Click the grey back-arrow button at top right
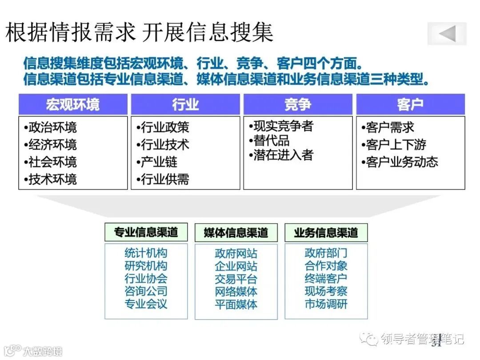click(x=447, y=34)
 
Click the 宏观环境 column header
click(x=73, y=104)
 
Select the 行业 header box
click(x=185, y=104)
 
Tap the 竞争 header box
click(x=298, y=104)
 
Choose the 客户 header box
click(x=410, y=104)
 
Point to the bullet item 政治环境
click(x=50, y=128)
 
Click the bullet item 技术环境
click(x=50, y=179)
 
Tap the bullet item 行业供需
click(x=163, y=179)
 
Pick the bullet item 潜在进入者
click(x=281, y=155)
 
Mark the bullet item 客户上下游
click(x=394, y=144)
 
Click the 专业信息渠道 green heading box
click(x=146, y=232)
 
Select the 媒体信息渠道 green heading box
click(x=236, y=232)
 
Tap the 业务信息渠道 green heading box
click(x=326, y=232)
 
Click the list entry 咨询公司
click(x=146, y=292)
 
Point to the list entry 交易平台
click(x=236, y=279)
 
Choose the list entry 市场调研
click(x=326, y=304)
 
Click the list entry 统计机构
click(x=146, y=253)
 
